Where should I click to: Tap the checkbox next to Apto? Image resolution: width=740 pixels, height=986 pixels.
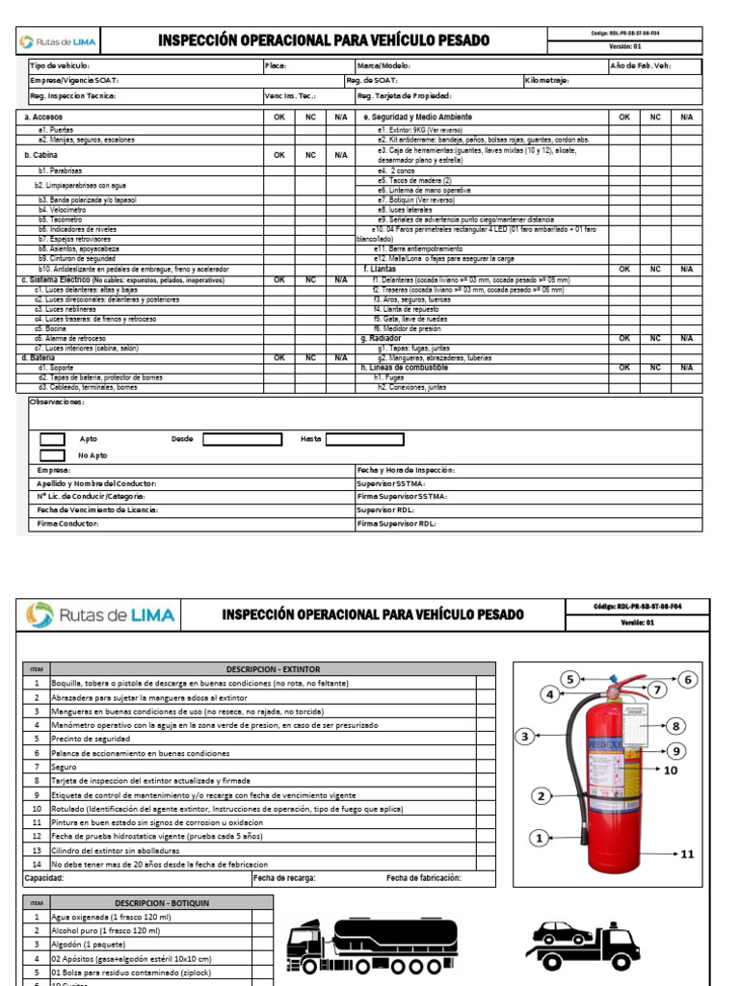pyautogui.click(x=52, y=439)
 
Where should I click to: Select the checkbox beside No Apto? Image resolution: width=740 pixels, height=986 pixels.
pyautogui.click(x=52, y=455)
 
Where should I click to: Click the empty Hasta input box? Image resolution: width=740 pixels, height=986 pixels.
pyautogui.click(x=365, y=439)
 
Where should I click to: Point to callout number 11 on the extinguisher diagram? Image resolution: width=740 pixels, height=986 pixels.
pyautogui.click(x=686, y=854)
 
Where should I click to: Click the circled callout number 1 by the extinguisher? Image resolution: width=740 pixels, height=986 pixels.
pyautogui.click(x=541, y=838)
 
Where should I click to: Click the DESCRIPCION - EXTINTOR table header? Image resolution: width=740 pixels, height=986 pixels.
pyautogui.click(x=273, y=668)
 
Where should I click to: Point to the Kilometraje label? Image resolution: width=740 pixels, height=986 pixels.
pyautogui.click(x=547, y=81)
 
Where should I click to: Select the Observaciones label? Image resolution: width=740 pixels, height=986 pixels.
pyautogui.click(x=57, y=402)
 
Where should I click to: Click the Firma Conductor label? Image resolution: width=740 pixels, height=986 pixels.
pyautogui.click(x=68, y=523)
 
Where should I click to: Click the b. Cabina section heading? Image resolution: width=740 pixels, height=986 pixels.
pyautogui.click(x=40, y=154)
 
